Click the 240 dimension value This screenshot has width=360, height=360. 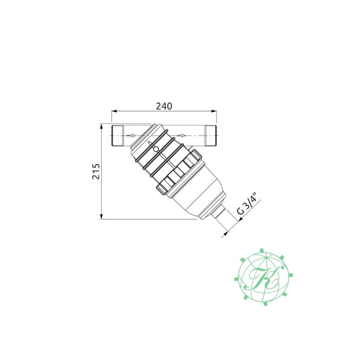(164, 106)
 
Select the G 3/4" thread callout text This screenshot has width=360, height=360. (249, 205)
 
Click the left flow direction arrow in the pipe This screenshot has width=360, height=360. (131, 135)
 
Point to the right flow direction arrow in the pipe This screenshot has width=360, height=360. (181, 135)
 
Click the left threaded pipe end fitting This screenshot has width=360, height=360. (118, 135)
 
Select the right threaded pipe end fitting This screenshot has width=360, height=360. (211, 135)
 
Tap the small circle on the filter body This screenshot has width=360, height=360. (156, 149)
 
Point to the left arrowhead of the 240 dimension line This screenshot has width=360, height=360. (114, 111)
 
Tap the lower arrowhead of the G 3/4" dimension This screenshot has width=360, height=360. (225, 235)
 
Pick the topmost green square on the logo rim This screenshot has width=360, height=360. (262, 250)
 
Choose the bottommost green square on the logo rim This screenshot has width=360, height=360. (264, 303)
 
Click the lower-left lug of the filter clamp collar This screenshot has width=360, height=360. (162, 187)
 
